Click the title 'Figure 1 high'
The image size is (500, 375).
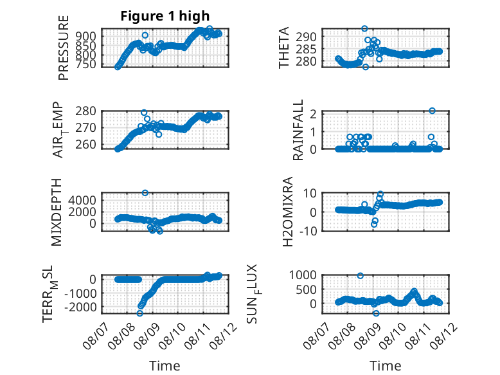165,16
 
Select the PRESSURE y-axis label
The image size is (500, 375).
64,48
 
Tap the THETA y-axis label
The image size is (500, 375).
283,48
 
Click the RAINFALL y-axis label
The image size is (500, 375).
298,130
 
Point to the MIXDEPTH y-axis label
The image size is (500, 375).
56,212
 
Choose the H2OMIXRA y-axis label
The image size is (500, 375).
288,212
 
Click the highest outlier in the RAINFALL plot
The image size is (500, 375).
432,111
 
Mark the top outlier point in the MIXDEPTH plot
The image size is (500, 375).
145,193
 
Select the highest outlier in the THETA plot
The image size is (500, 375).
364,29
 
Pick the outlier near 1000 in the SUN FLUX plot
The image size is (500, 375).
361,276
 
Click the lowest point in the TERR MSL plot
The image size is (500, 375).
139,313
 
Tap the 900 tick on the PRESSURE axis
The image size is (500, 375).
85,36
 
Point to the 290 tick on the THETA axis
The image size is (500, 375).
306,37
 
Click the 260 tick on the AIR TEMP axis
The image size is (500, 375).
85,145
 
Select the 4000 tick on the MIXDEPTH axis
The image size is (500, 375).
82,201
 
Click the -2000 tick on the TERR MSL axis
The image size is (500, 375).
80,307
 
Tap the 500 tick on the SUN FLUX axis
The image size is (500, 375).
307,290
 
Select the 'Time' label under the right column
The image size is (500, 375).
385,366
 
